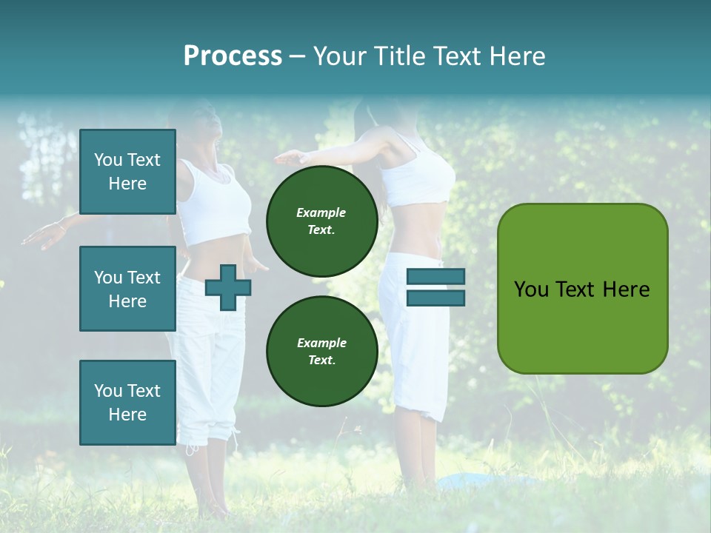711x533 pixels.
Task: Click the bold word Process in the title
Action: pos(233,56)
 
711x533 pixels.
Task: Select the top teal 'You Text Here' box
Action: pos(127,172)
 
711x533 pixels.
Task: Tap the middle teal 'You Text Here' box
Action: pos(127,289)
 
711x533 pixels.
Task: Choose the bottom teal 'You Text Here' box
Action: pos(127,402)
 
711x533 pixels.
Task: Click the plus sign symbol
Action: pos(227,286)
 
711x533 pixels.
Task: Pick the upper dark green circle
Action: pos(321,221)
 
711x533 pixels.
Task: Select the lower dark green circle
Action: pos(321,351)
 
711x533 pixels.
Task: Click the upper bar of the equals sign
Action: pos(435,277)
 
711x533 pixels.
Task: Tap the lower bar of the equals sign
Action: pos(435,298)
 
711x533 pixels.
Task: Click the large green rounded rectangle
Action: pos(582,289)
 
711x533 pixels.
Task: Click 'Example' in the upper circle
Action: pos(321,212)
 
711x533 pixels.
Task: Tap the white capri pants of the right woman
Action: pos(415,333)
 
